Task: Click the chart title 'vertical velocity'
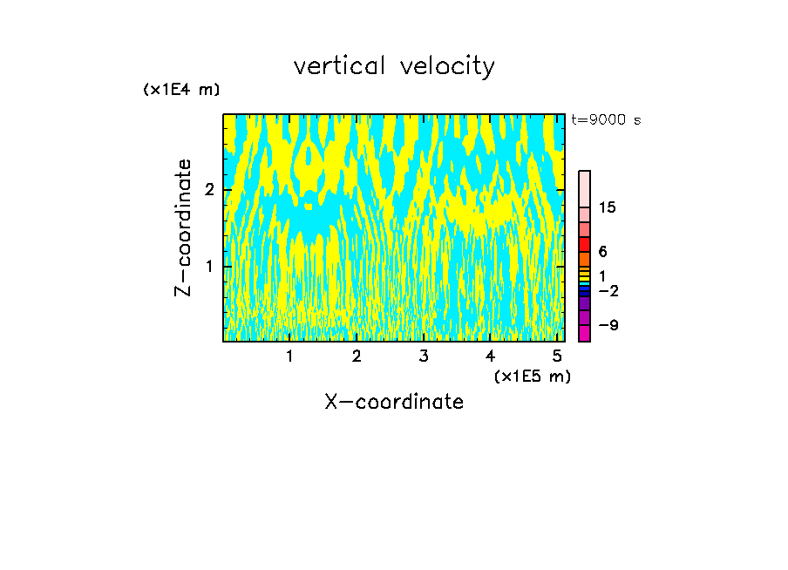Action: click(x=394, y=66)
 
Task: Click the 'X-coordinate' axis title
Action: click(x=394, y=402)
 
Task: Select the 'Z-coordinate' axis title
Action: click(x=183, y=227)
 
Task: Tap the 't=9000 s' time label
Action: click(x=606, y=120)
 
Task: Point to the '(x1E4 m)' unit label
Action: click(x=181, y=90)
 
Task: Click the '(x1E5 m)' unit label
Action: click(x=532, y=376)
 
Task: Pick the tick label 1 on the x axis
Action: click(x=289, y=356)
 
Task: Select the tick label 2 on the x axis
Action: click(x=357, y=356)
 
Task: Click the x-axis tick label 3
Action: click(x=424, y=356)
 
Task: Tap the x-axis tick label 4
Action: click(x=490, y=356)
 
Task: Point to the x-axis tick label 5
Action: click(x=557, y=356)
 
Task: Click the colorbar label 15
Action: click(x=608, y=207)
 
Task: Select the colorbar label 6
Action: click(x=602, y=251)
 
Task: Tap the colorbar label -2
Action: click(x=608, y=290)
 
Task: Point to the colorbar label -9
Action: click(x=608, y=325)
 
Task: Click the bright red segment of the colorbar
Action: click(x=584, y=244)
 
